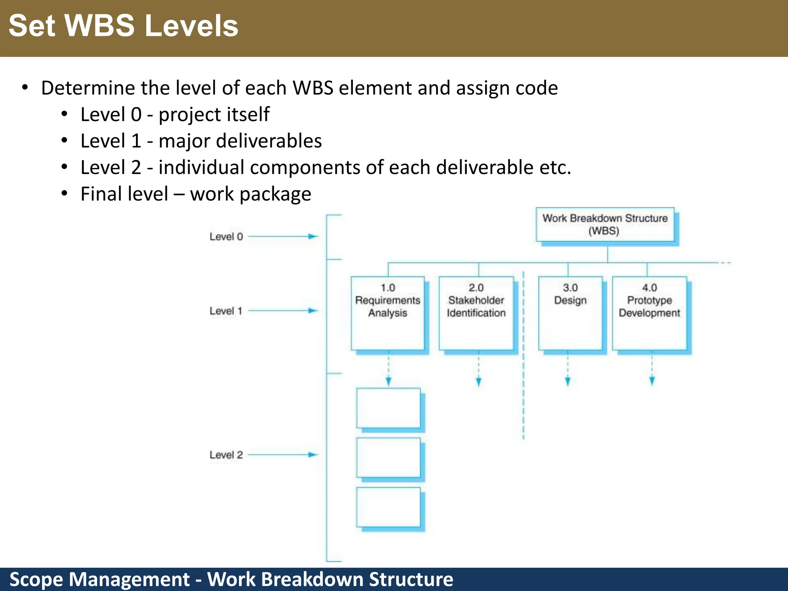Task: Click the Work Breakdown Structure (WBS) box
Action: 605,225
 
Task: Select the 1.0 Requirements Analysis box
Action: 388,313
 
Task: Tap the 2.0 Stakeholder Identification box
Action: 476,313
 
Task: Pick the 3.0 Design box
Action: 570,313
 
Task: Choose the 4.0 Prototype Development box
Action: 649,313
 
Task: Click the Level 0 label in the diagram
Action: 226,237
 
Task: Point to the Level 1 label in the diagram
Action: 226,311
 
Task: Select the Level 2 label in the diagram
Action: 226,455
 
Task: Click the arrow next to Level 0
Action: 283,236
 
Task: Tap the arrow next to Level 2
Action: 283,455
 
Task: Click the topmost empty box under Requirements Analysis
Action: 388,408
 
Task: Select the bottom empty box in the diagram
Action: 388,507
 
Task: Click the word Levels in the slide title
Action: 192,26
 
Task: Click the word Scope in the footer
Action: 36,579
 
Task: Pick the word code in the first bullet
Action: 536,88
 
